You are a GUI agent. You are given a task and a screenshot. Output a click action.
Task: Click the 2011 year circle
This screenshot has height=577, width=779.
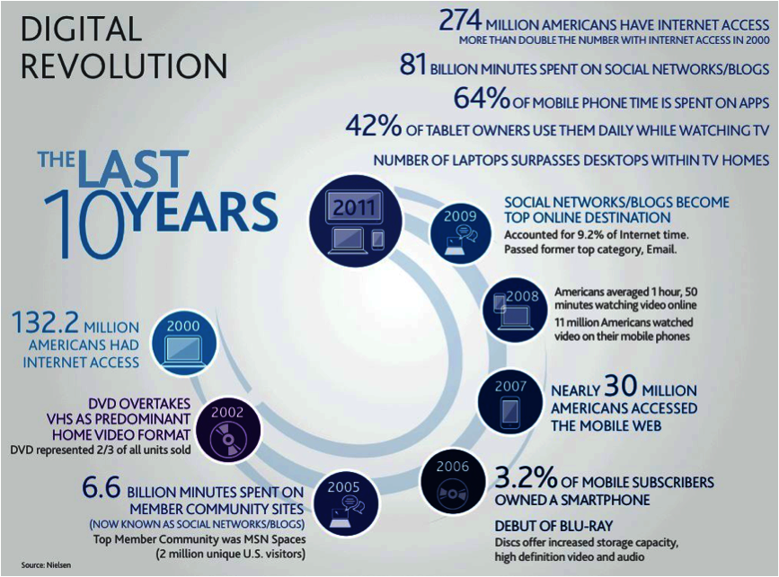(355, 222)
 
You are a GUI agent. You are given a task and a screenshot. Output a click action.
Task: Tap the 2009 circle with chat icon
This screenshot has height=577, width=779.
(460, 234)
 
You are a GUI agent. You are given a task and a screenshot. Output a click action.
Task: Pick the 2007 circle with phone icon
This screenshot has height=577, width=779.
(510, 403)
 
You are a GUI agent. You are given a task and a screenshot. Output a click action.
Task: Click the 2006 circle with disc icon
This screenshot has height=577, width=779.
(453, 483)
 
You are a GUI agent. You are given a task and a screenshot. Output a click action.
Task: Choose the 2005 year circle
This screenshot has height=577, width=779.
(344, 503)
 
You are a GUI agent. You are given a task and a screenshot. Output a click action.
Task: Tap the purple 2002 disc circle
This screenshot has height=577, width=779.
(227, 430)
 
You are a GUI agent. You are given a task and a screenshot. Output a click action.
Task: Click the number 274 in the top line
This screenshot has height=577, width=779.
(461, 21)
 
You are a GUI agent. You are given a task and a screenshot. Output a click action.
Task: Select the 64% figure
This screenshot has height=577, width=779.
(482, 98)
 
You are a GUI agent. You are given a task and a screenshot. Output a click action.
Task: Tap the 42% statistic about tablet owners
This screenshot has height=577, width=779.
(373, 126)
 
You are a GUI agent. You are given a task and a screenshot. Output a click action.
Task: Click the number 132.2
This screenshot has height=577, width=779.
(45, 322)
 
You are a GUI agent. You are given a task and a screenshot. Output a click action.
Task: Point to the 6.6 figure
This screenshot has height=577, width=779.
(102, 487)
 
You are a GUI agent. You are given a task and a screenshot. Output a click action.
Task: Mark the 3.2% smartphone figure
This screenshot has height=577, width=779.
(526, 477)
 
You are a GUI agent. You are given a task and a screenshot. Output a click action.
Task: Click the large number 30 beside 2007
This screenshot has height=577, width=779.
(621, 386)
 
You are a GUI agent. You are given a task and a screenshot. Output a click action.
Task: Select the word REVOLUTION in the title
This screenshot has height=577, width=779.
(124, 66)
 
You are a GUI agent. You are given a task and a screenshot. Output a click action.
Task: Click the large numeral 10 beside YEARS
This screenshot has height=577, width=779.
(84, 224)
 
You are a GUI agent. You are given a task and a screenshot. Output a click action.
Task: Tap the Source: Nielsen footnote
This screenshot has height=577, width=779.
(46, 565)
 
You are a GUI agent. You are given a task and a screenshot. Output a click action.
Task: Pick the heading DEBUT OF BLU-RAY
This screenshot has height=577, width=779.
(554, 526)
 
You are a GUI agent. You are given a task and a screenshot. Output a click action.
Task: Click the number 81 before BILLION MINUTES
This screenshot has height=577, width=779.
(412, 65)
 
